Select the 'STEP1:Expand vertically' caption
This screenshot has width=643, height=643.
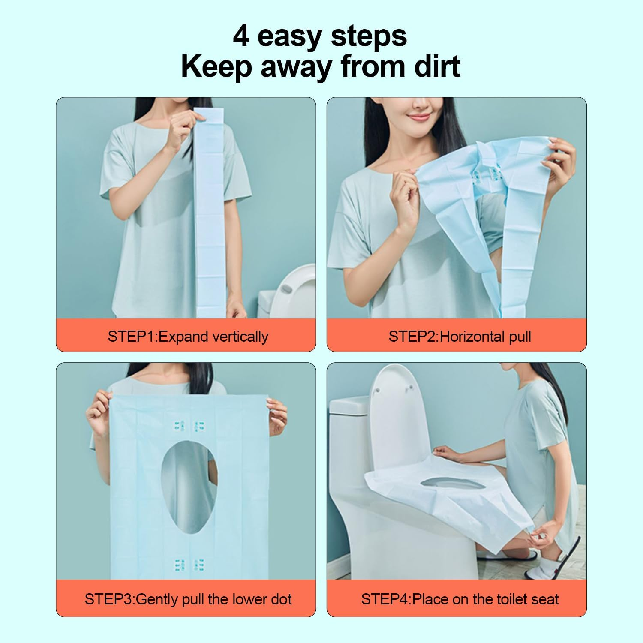(188, 336)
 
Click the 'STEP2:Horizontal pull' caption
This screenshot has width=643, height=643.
(460, 336)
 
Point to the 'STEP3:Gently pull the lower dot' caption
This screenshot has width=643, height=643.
(188, 599)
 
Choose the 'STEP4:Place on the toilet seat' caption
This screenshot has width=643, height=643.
(460, 599)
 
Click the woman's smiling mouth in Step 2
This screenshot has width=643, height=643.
(418, 117)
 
